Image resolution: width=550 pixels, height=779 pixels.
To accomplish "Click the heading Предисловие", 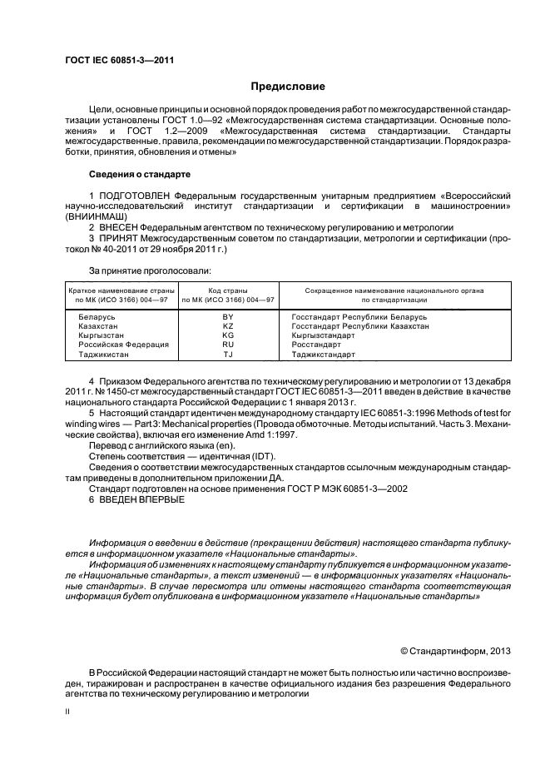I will pyautogui.click(x=289, y=87).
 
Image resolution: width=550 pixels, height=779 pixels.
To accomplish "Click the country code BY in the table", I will pyautogui.click(x=228, y=317).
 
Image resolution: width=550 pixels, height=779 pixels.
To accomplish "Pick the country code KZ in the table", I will pyautogui.click(x=228, y=326).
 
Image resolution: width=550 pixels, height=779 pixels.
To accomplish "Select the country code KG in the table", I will pyautogui.click(x=228, y=335).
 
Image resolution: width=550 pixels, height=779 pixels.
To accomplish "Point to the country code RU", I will pyautogui.click(x=228, y=345).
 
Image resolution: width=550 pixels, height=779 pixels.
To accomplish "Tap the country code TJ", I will pyautogui.click(x=228, y=354).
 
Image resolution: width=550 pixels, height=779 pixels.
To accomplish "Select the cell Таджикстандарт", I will pyautogui.click(x=324, y=354).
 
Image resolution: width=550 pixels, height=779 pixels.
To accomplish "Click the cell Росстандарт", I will pyautogui.click(x=316, y=345).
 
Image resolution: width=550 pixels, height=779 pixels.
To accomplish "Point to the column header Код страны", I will pyautogui.click(x=228, y=290).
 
